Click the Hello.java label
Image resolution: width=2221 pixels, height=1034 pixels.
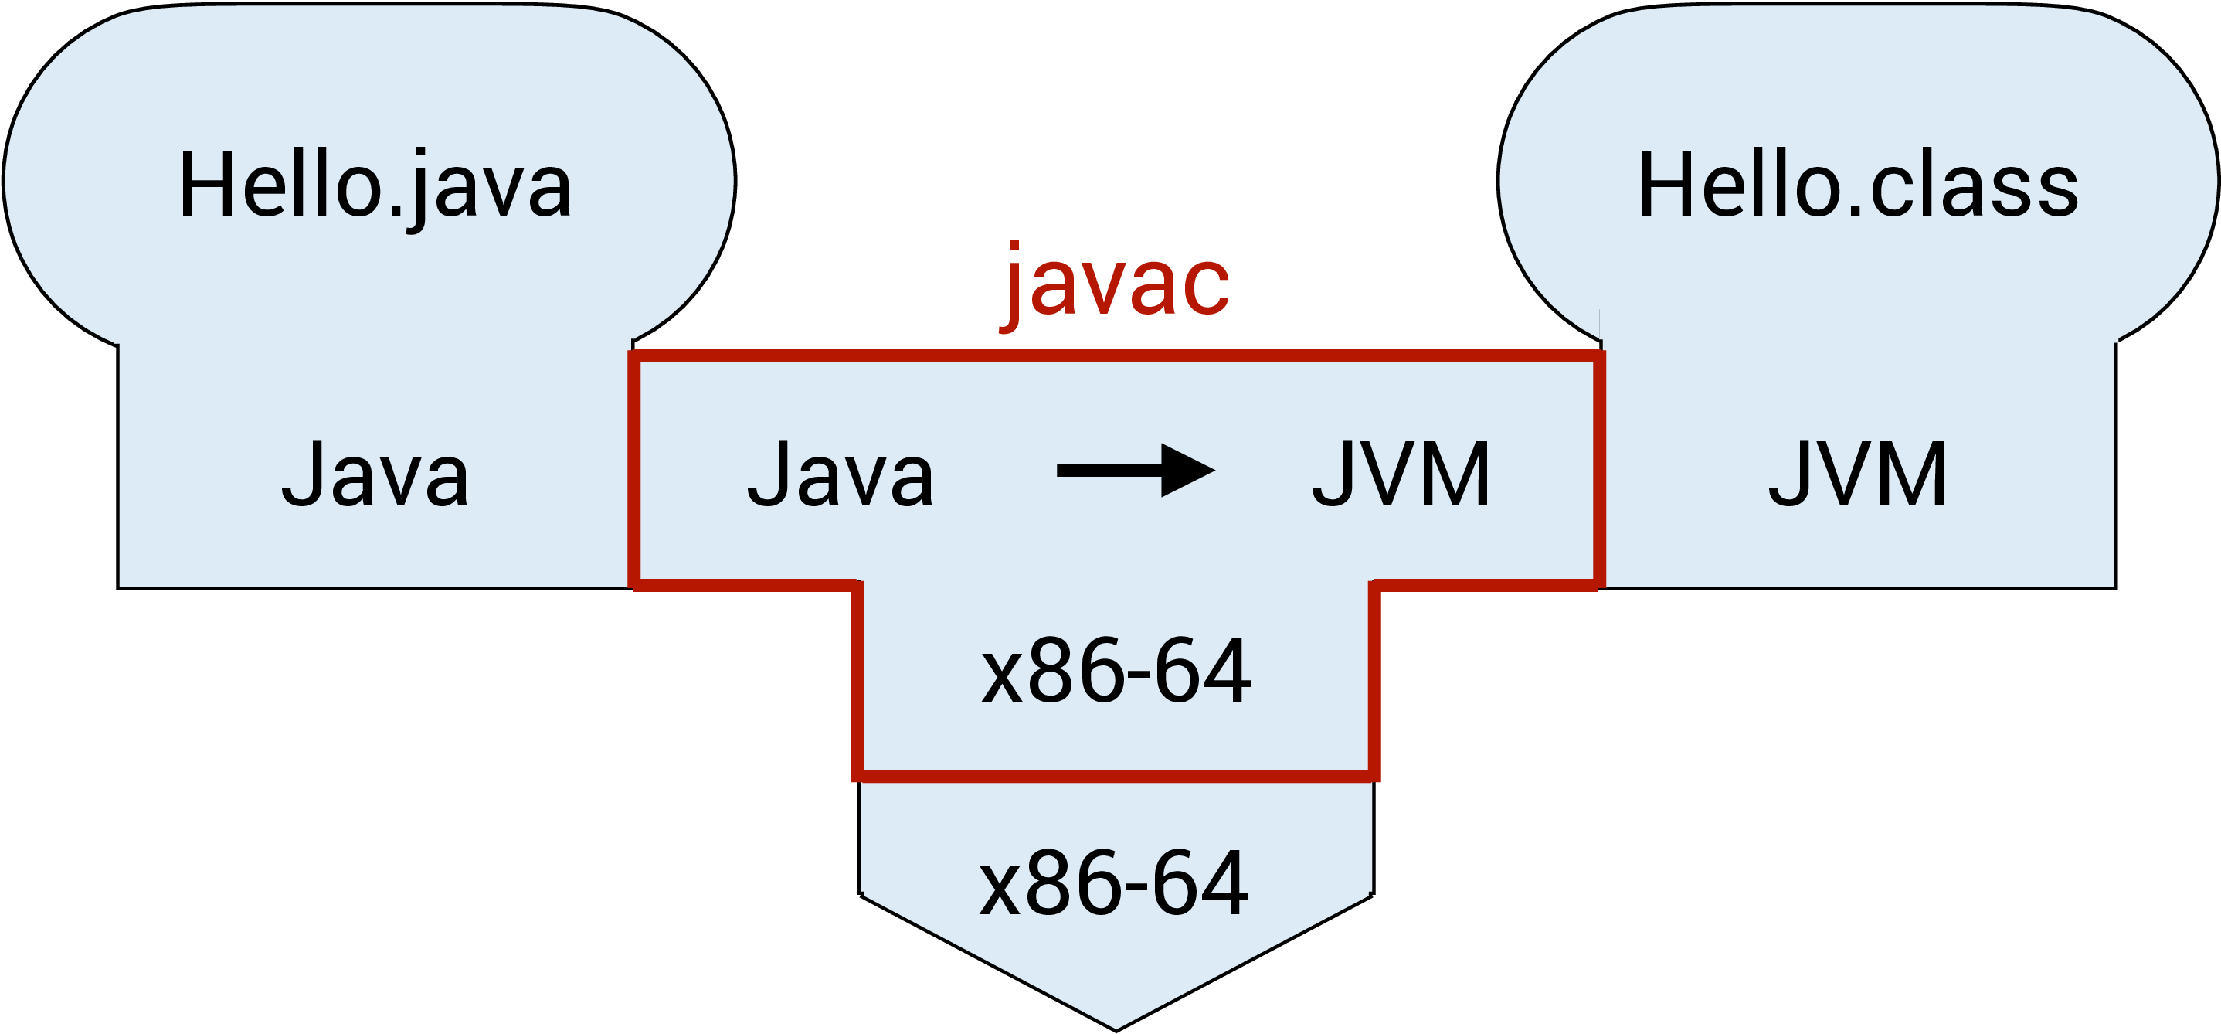(375, 186)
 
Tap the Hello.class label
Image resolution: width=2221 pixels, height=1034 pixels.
(1858, 186)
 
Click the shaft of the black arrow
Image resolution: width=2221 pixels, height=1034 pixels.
(1109, 470)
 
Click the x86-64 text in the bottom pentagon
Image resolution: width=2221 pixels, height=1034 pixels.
(1114, 884)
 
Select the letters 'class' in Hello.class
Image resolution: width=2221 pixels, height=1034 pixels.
(1975, 186)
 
